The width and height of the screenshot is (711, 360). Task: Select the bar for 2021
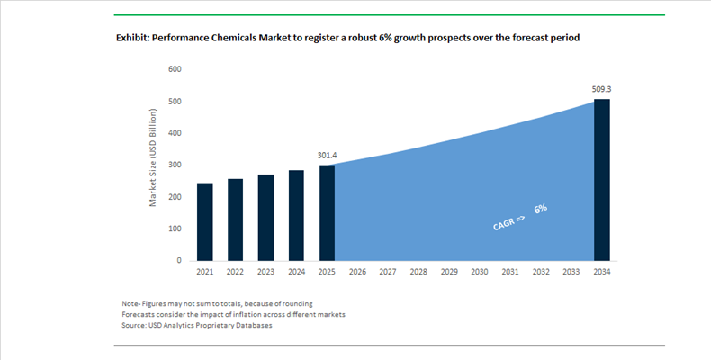(204, 221)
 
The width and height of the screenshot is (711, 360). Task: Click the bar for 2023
(265, 217)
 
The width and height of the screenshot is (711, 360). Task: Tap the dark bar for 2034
(601, 180)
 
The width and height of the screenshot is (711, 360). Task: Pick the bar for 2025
(327, 212)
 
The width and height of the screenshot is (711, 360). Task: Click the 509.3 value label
(600, 90)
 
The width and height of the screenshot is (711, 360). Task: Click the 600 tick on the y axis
(175, 69)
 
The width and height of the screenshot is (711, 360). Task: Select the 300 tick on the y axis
(175, 165)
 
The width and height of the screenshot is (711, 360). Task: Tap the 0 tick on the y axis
(179, 260)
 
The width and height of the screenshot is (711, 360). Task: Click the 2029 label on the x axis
(449, 272)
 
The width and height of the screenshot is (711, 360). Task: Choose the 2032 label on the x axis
(540, 272)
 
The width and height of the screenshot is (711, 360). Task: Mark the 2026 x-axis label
(357, 272)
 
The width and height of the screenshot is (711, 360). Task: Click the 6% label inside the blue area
(540, 209)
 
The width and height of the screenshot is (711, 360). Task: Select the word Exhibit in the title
(136, 39)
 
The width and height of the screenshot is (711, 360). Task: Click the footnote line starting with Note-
(217, 302)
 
